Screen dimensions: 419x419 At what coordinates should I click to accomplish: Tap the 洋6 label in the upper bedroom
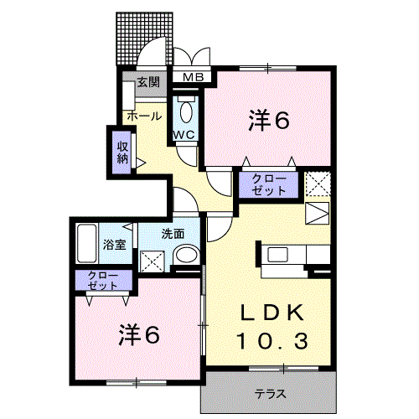pyautogui.click(x=268, y=121)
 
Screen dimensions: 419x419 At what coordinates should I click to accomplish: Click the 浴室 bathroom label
pyautogui.click(x=115, y=245)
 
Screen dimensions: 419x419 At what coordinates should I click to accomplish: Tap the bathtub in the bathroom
pyautogui.click(x=87, y=244)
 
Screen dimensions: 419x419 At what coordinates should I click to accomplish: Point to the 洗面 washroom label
pyautogui.click(x=173, y=235)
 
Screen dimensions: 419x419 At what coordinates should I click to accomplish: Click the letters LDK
pyautogui.click(x=269, y=313)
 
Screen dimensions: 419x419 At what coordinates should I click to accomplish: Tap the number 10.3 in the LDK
pyautogui.click(x=269, y=340)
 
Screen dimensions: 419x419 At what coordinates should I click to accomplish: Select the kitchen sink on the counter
pyautogui.click(x=277, y=255)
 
